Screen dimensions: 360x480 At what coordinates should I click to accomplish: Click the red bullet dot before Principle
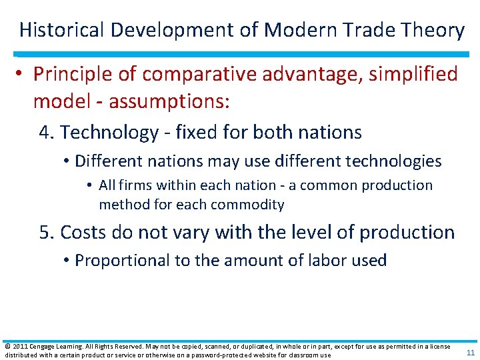pos(22,74)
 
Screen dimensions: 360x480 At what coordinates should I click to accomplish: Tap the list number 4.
pos(45,132)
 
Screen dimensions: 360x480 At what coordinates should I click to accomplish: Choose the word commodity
pos(251,205)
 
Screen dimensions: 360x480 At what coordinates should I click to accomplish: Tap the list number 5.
pos(45,232)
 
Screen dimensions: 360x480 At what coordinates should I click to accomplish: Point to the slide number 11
pos(470,353)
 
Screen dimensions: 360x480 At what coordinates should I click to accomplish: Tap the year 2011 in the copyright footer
pos(20,347)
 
